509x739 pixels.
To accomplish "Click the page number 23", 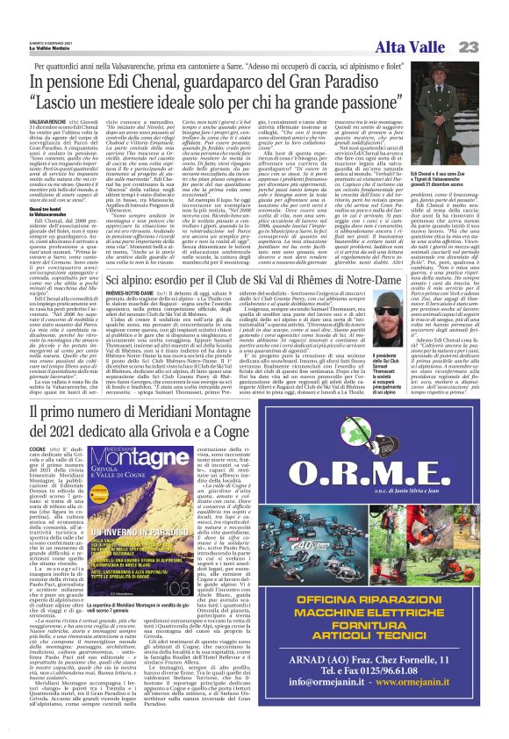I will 488,20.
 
